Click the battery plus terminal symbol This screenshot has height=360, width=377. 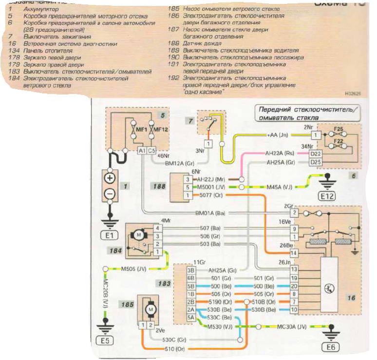point(110,178)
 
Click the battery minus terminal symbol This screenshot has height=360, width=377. point(110,194)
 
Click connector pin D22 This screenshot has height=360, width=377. point(316,152)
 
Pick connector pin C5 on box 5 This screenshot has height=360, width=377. point(152,151)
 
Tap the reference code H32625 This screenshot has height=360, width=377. point(353,93)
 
